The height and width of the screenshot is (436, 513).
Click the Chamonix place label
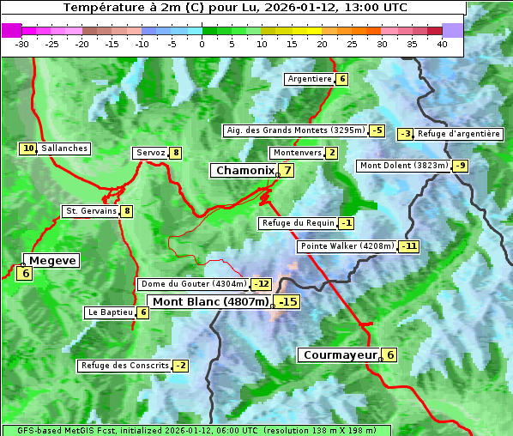pos(244,171)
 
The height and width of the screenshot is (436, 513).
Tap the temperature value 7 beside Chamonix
pos(288,171)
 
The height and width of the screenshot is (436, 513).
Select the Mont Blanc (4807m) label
pos(210,302)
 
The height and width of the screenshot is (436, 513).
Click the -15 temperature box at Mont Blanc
pos(287,302)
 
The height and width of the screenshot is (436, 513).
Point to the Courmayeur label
pos(341,355)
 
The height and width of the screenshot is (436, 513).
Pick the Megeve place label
pos(51,261)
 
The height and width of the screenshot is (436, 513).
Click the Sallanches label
pos(64,148)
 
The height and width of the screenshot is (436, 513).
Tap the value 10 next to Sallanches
pos(28,148)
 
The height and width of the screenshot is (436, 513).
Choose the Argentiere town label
pos(310,79)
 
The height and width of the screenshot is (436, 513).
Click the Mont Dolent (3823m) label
pos(404,166)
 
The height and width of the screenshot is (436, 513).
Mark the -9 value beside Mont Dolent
pos(461,166)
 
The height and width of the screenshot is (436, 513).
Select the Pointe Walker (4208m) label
pos(347,246)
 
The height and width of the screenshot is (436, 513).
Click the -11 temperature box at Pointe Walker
pos(409,246)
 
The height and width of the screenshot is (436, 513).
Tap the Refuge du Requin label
pos(298,223)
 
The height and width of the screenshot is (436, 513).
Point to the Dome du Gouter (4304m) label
pos(193,284)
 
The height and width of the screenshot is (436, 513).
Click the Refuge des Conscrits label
pos(124,366)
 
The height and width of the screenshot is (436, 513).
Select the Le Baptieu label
pos(110,312)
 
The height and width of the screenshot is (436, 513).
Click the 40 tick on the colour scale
pos(442,44)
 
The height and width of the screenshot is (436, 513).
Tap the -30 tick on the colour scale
pos(22,44)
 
